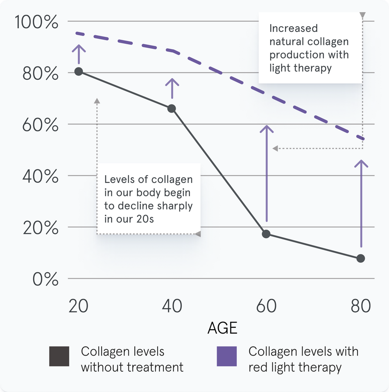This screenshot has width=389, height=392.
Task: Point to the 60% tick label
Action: coord(40,125)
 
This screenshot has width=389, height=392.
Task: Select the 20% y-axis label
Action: coord(40,228)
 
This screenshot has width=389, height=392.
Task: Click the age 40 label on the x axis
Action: coord(172,306)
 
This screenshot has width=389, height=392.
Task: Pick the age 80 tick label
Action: coord(361,306)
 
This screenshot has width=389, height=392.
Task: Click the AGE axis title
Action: coord(222,328)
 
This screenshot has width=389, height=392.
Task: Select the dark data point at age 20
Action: coord(79,72)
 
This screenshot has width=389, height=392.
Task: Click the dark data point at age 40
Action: coord(172,108)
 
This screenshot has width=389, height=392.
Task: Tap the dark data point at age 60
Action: coord(266,234)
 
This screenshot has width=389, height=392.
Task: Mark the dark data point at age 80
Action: coord(361,258)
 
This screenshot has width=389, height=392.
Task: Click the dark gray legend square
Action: coord(59,356)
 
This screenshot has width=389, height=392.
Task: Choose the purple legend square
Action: coord(226,356)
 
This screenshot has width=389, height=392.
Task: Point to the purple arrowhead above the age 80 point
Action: coord(361,163)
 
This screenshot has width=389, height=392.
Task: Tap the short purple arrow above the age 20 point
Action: coord(79,53)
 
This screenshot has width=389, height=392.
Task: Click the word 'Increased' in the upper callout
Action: coord(293,28)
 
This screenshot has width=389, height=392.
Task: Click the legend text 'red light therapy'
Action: coord(295,367)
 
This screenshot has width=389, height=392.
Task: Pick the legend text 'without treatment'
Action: coord(132,367)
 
